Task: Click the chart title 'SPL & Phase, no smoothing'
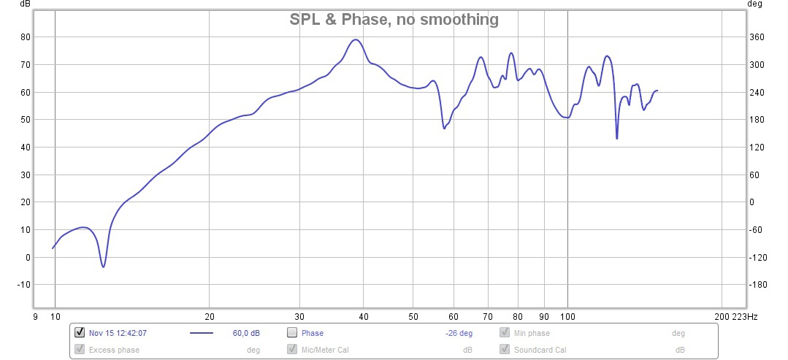394,20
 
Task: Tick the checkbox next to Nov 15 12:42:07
80,333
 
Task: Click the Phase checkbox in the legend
292,333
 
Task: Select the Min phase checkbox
505,333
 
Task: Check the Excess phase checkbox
80,350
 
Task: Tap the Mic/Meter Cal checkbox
292,350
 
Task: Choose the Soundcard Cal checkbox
505,350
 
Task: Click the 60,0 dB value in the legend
246,333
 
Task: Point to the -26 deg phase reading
459,333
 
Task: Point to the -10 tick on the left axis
23,285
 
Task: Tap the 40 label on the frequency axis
363,316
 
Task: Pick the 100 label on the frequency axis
567,316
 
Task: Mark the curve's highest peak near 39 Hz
356,39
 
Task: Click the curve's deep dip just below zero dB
103,267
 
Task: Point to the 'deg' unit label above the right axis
754,4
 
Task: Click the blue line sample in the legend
201,333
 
